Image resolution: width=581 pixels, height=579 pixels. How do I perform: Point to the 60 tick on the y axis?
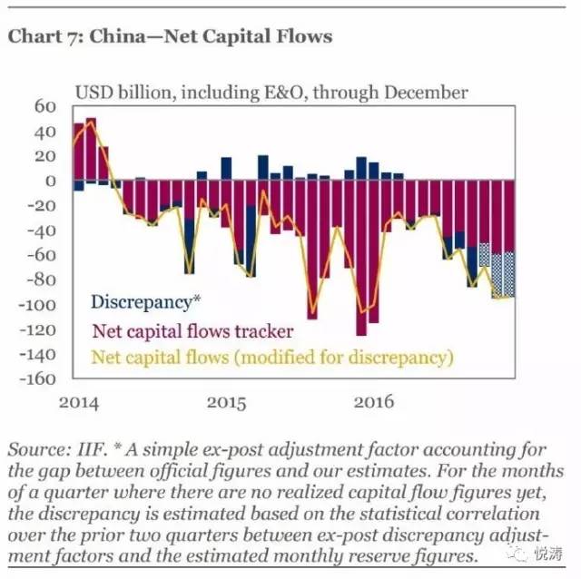(45, 106)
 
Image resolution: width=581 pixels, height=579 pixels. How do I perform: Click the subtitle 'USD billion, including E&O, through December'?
(271, 93)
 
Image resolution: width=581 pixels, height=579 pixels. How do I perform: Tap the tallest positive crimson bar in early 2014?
(91, 150)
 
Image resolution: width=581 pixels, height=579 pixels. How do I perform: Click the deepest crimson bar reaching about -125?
(361, 259)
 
